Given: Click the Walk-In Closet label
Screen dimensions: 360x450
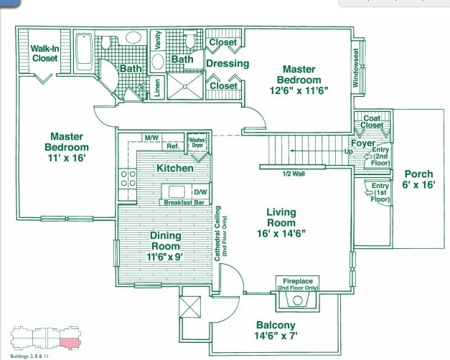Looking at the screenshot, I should pos(44,54).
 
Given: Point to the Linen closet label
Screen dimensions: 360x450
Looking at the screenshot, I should pos(158,86).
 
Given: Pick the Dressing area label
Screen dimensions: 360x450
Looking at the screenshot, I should pos(228,63).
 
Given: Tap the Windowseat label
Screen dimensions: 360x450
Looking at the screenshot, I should pos(355,68).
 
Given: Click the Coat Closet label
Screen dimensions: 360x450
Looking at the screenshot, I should pos(372,122).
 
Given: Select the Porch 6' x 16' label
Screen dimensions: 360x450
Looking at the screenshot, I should pos(418,179).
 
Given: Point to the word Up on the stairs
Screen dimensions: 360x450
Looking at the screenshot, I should pos(349,152).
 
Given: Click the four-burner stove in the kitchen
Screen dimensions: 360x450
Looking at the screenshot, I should pos(128,178).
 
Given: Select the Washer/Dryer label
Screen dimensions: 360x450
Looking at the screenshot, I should pos(197,141).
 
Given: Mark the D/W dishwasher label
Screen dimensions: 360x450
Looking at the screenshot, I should pos(200,192).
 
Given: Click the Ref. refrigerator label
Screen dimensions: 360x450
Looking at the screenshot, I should pos(172,146).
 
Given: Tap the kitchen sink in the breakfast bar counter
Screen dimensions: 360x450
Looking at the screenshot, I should pos(177,191).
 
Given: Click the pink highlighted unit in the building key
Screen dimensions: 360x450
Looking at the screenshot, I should pos(68,341).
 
